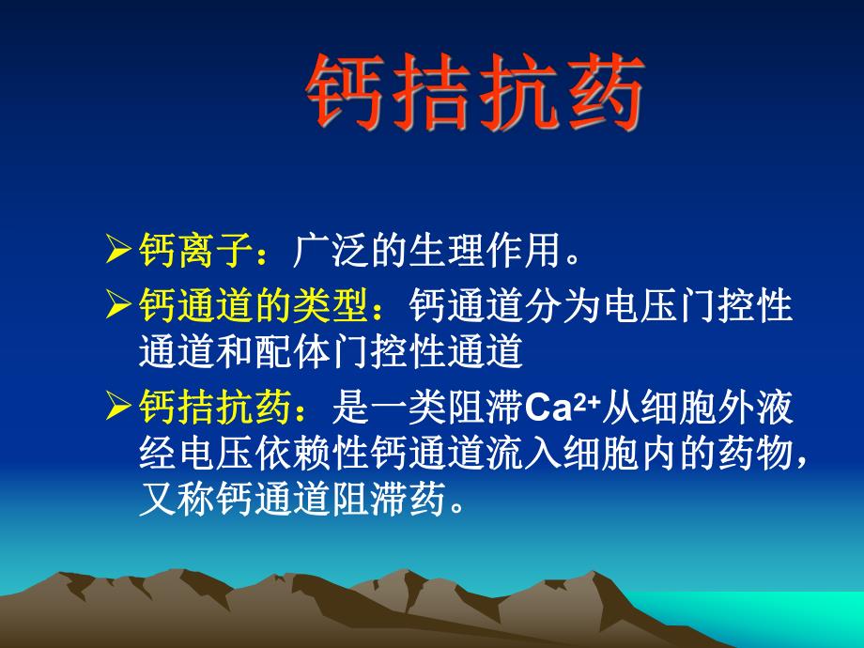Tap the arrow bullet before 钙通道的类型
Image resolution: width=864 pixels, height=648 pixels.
pyautogui.click(x=120, y=305)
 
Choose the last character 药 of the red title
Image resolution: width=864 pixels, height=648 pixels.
pyautogui.click(x=604, y=92)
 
